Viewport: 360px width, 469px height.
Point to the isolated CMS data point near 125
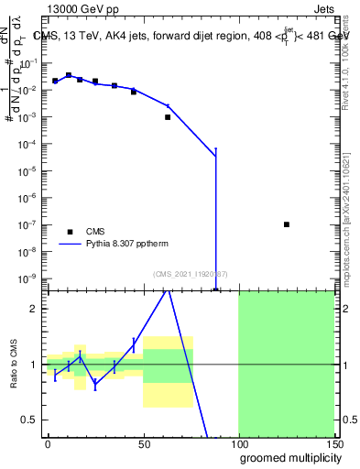click(287, 224)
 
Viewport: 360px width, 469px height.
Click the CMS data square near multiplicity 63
click(168, 117)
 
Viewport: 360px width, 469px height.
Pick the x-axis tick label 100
click(238, 443)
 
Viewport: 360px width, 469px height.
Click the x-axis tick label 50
click(143, 443)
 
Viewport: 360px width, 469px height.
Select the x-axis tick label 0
click(48, 443)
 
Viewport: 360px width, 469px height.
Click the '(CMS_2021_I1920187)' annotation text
click(190, 273)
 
